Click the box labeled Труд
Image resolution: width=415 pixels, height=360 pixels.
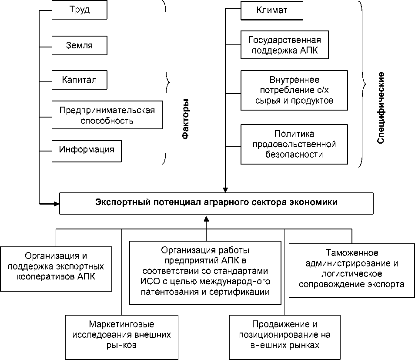coord(79,10)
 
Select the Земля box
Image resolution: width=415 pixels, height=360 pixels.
coord(79,45)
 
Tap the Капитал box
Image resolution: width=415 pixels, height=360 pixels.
coord(79,80)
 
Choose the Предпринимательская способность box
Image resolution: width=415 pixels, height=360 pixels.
coord(107,115)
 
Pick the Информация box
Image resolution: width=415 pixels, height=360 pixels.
coord(87,150)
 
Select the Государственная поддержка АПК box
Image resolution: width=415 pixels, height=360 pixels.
coord(284,46)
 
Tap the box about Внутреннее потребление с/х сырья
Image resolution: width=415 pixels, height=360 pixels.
coord(295,91)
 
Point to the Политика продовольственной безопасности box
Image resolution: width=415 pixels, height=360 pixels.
coord(295,144)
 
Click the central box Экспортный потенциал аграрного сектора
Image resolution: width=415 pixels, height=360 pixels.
coord(216,203)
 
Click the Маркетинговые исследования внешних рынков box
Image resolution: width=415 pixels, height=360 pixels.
coord(121,336)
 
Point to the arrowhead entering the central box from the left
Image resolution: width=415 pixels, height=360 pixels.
coord(57,203)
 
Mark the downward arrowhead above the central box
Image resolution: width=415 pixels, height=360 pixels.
coord(225,190)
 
